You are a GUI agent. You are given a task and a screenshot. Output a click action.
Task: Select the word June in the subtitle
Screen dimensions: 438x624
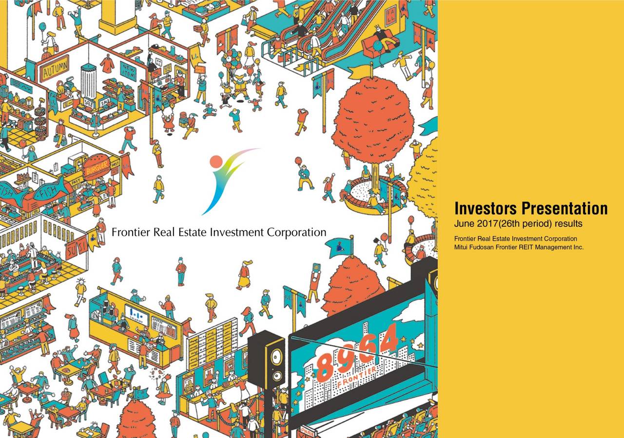(463, 224)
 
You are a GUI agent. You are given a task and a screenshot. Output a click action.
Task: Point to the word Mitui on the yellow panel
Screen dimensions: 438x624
(461, 247)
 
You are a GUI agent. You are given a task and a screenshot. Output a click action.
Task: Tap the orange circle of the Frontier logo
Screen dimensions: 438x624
(216, 161)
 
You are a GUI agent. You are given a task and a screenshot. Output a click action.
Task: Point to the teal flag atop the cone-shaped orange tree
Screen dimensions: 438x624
(343, 246)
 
